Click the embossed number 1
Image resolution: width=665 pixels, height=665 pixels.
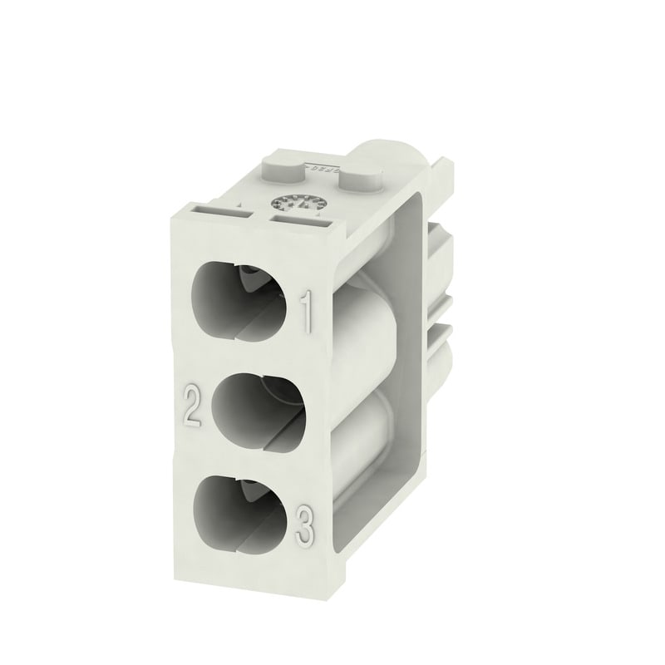click(307, 312)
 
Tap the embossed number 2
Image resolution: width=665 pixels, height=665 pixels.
click(192, 406)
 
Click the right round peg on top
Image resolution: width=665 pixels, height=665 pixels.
click(358, 178)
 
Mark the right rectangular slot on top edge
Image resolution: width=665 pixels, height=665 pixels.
click(300, 222)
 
